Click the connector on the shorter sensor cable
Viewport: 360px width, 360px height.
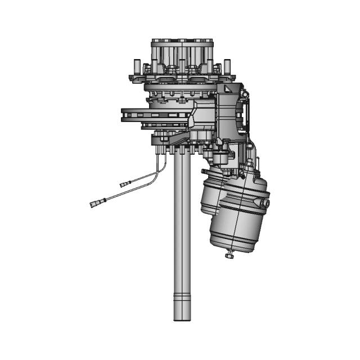125,183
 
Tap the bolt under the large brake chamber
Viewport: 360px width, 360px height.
229,256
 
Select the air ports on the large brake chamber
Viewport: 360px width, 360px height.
266,201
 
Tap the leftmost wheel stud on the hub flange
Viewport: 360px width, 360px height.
134,69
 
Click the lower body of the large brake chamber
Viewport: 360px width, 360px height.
236,233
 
